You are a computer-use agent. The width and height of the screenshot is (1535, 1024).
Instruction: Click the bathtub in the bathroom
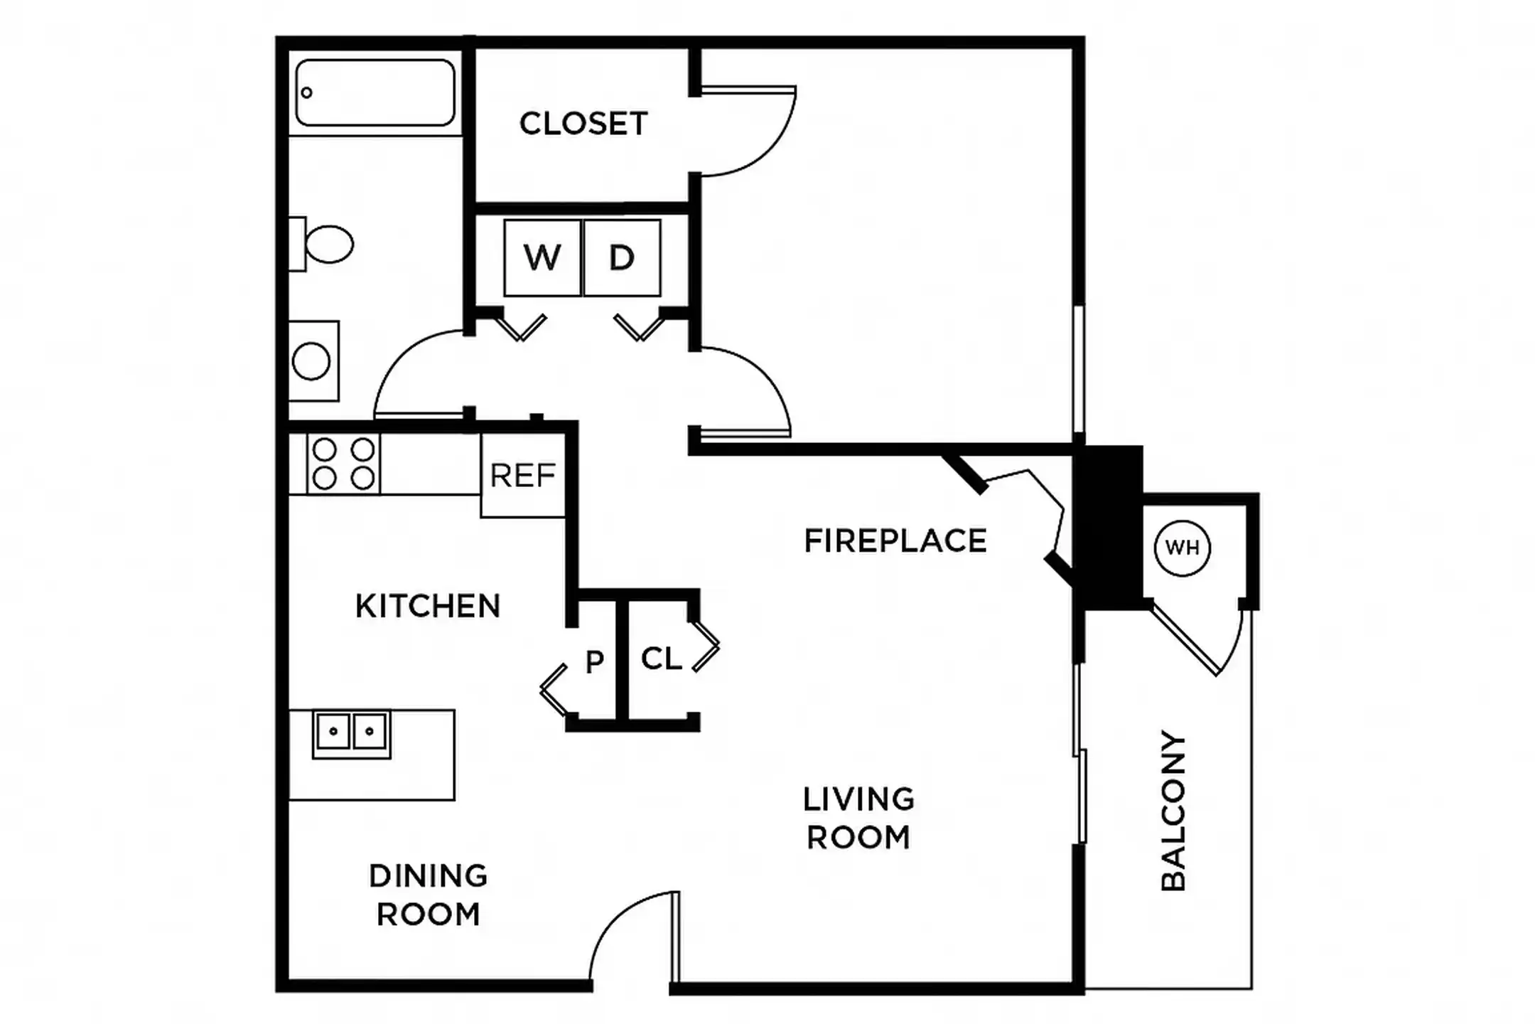click(x=375, y=93)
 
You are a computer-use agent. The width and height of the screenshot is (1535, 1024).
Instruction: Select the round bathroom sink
click(x=311, y=361)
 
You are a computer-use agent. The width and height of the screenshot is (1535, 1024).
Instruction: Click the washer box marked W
click(x=542, y=257)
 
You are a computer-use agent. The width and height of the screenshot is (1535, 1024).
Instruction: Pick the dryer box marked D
click(x=622, y=257)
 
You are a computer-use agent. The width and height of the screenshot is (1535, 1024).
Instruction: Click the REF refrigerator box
click(x=523, y=475)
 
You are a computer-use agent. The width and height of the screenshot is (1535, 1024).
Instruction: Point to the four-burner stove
click(x=343, y=464)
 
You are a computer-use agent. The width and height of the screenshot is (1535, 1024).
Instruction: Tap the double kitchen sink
click(x=351, y=732)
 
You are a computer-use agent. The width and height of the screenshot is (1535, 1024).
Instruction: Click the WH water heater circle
click(x=1182, y=548)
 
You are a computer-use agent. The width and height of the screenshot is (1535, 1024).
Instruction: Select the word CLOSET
click(x=583, y=124)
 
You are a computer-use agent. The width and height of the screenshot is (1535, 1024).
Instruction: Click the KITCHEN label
click(x=428, y=606)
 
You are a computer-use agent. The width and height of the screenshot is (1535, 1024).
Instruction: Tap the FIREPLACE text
click(x=895, y=540)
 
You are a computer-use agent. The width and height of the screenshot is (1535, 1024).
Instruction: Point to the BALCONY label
click(x=1173, y=811)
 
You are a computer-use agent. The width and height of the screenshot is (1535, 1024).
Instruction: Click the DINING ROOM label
click(x=428, y=895)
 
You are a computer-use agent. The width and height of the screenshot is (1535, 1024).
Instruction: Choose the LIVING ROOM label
click(x=858, y=818)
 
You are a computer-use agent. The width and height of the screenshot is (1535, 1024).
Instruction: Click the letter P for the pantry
click(x=594, y=662)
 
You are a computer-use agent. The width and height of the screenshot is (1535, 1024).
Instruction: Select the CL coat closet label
click(x=661, y=658)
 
